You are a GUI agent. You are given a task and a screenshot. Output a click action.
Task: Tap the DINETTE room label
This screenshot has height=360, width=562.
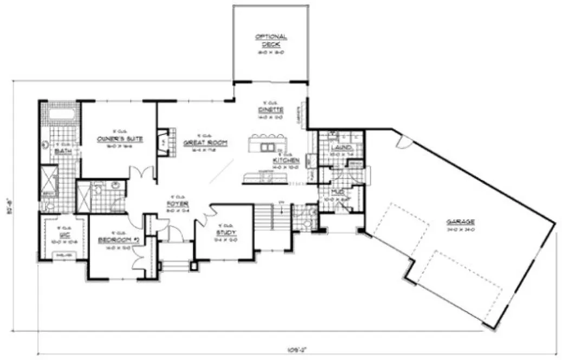coord(268,110)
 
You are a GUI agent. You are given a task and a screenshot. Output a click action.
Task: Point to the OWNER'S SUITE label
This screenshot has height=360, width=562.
coord(120,139)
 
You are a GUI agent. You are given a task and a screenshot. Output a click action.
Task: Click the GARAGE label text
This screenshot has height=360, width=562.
coord(460,222)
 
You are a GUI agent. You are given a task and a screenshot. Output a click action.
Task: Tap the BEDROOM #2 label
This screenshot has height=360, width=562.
coord(115,240)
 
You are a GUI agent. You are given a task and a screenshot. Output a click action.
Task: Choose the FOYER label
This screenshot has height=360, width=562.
coord(177,204)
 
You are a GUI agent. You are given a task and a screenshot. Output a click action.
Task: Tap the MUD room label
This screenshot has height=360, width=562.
coord(337,192)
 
